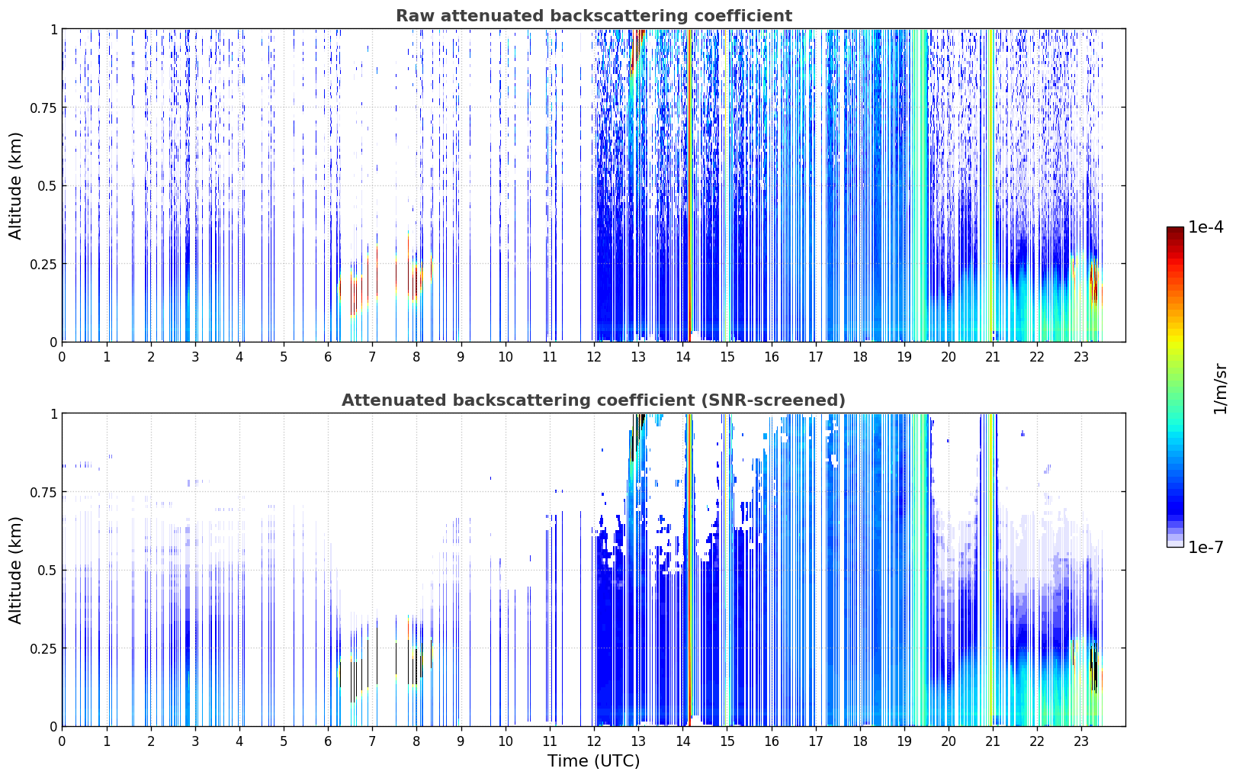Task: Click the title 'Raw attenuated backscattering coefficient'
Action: coord(594,15)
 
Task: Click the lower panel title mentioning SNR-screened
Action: coord(594,400)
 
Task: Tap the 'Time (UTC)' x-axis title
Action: coord(594,761)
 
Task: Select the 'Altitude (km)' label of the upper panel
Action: coord(15,185)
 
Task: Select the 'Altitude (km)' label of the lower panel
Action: coord(15,570)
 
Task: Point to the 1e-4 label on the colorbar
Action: coord(1206,227)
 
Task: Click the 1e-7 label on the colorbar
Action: coord(1206,548)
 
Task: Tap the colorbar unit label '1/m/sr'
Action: coord(1220,388)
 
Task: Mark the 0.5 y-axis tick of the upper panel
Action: coord(47,186)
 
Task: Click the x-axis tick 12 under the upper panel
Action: coord(594,356)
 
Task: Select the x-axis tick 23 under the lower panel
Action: coord(1081,741)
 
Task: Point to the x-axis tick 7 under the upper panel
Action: coord(372,356)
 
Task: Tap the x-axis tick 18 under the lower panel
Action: coord(859,741)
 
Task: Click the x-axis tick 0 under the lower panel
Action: coord(62,741)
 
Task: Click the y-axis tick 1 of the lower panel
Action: coord(54,414)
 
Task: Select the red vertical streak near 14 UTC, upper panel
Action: coord(690,185)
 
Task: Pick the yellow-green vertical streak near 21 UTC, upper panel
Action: coord(991,185)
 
